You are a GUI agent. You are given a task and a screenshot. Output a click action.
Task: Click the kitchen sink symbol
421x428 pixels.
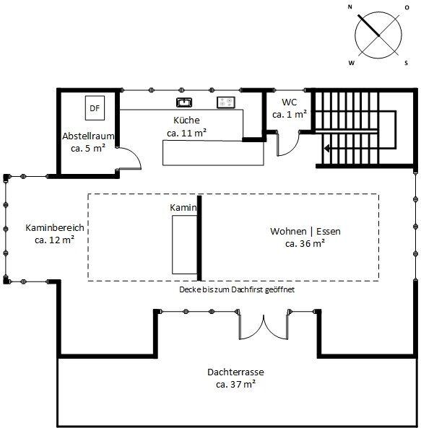tap(184, 102)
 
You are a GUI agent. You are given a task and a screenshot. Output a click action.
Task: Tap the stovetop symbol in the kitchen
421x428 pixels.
tap(226, 102)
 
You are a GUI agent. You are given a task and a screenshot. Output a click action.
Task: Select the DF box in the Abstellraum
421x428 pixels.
tap(95, 108)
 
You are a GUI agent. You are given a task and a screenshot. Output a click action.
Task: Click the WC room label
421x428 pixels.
tap(289, 102)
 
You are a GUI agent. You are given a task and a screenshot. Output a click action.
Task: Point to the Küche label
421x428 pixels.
tap(186, 120)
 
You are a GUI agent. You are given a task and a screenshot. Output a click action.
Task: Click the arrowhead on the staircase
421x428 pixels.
tap(327, 149)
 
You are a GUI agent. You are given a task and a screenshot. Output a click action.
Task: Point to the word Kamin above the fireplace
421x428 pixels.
tap(183, 207)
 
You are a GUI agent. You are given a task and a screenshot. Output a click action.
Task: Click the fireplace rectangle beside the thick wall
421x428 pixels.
tap(185, 245)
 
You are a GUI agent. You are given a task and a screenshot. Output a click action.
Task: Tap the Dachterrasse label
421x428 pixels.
tap(235, 372)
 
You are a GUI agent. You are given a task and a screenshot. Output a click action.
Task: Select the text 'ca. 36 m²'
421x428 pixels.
tap(305, 243)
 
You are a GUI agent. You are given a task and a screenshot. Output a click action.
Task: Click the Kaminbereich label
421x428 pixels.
tap(55, 227)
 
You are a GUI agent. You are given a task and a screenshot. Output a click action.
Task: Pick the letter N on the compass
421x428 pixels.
tap(350, 7)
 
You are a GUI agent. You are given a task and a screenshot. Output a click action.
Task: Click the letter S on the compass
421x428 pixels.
tap(406, 63)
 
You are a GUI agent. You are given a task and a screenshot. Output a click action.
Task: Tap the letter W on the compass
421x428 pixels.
tap(352, 63)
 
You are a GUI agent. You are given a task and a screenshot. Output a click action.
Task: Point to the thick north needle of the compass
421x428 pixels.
tap(368, 25)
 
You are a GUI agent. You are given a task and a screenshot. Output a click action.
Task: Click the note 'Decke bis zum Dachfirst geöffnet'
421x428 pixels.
tap(237, 289)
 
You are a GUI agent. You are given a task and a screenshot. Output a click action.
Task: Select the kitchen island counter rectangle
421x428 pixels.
tap(213, 153)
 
